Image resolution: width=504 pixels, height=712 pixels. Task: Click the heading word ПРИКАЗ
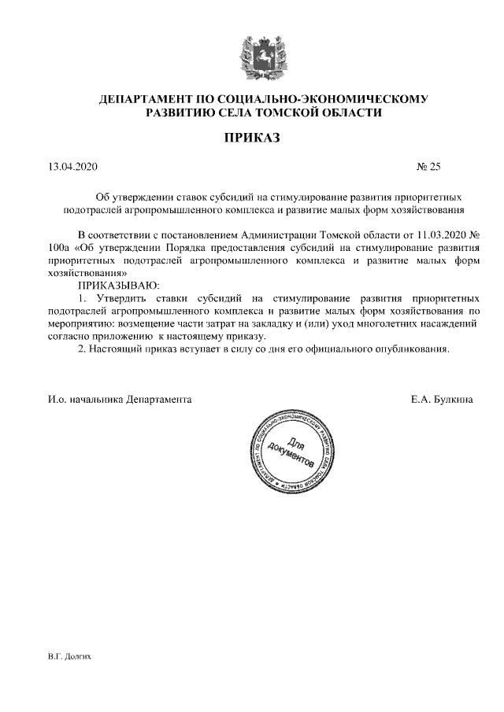252,138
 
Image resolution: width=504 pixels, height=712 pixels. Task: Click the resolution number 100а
59,248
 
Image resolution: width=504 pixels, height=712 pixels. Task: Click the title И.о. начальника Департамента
119,400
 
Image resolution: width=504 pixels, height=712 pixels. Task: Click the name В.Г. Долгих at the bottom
69,655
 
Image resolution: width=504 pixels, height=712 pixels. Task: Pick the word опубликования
411,349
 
